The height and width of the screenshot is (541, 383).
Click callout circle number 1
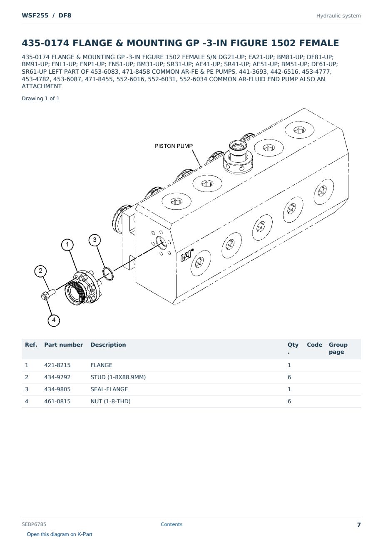coord(67,245)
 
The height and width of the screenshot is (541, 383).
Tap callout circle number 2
coord(40,271)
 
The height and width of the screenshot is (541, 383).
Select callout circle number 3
coord(95,240)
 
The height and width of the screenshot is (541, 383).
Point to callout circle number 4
coord(54,320)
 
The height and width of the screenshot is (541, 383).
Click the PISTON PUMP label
coord(174,146)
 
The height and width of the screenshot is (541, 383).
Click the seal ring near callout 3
coord(108,274)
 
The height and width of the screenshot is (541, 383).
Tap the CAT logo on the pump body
coord(187,256)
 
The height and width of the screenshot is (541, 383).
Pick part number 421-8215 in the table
coord(57,365)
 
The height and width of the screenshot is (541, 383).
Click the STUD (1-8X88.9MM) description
coord(118,377)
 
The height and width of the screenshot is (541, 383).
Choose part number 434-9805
coord(57,389)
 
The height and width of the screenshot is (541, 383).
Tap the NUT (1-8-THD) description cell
coord(110,401)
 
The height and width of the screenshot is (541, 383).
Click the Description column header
coord(108,345)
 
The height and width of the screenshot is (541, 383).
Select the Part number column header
coord(64,345)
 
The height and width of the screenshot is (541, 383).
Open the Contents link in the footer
coord(172,524)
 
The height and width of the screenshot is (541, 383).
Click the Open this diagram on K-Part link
coord(60,534)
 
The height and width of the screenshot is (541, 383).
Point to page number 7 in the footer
coord(359,525)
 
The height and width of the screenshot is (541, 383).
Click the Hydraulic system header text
coord(338,16)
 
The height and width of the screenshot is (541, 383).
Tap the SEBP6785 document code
coord(34,524)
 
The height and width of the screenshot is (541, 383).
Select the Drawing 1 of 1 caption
coord(41,99)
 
